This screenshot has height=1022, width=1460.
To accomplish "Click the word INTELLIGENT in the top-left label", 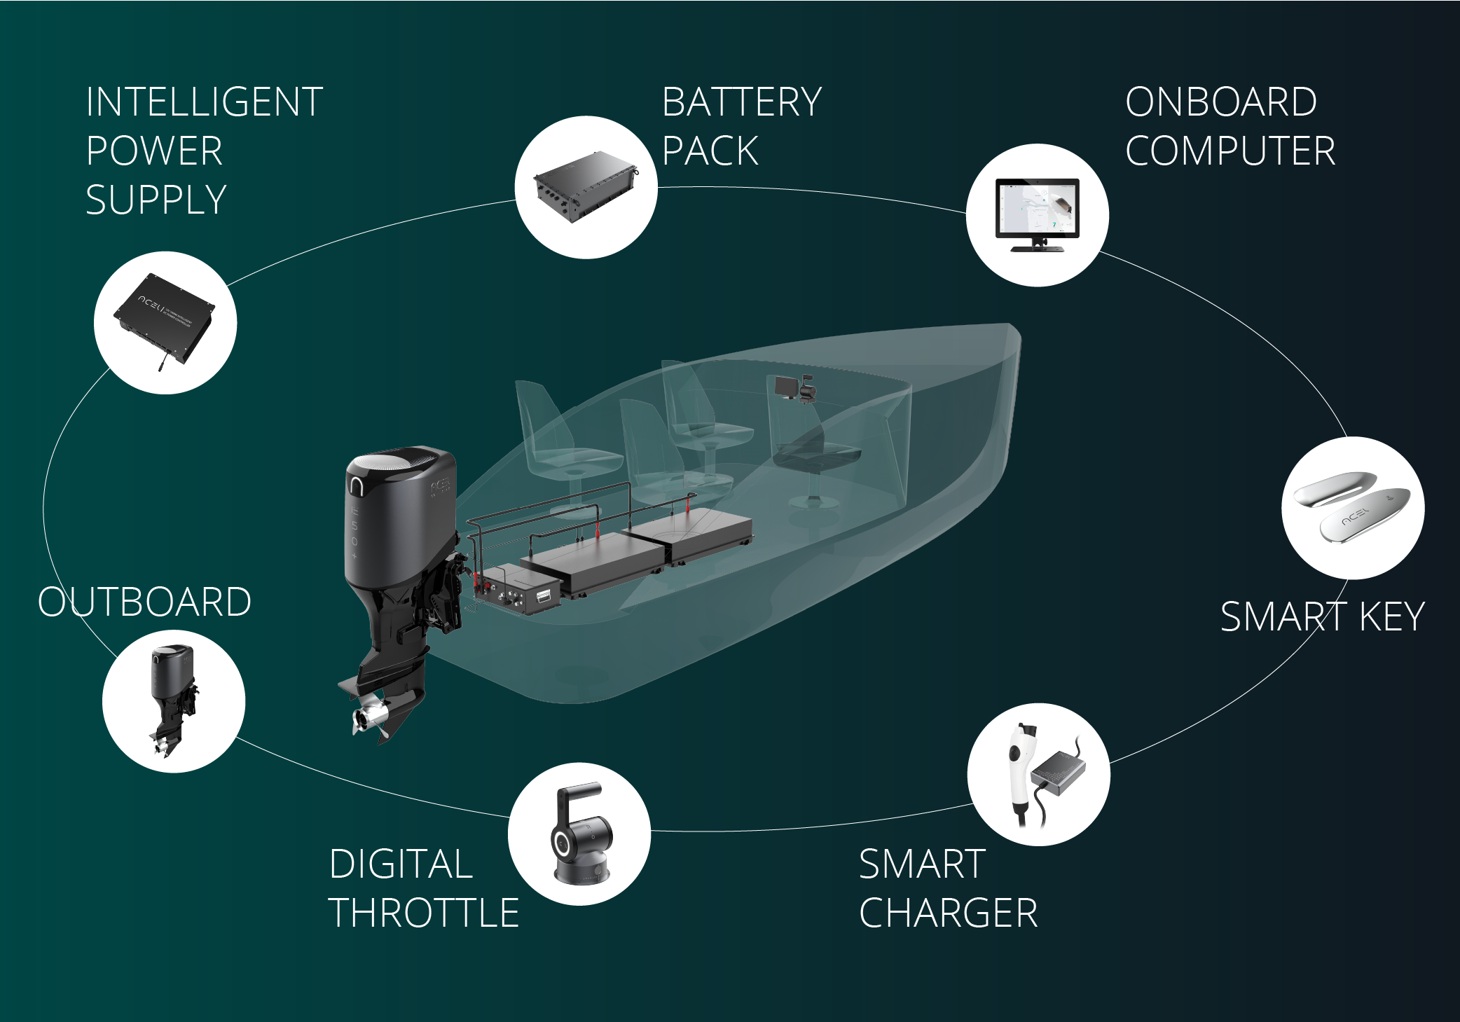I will click(204, 102).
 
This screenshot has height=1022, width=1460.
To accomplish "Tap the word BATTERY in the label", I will click(741, 102).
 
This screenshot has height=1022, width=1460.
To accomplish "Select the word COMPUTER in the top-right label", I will click(1230, 151).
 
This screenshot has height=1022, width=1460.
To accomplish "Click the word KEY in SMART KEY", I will click(1391, 617).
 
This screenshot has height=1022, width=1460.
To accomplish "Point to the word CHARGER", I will click(948, 913).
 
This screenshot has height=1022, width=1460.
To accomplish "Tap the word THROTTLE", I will click(424, 913).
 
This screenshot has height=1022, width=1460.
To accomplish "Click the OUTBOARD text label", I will click(144, 602).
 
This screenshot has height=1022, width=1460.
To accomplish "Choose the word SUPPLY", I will click(156, 200).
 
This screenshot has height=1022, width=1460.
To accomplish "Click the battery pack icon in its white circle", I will click(586, 187).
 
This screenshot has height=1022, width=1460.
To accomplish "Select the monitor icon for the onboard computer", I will click(1038, 214).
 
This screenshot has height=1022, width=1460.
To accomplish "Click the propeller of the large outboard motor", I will click(369, 718).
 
